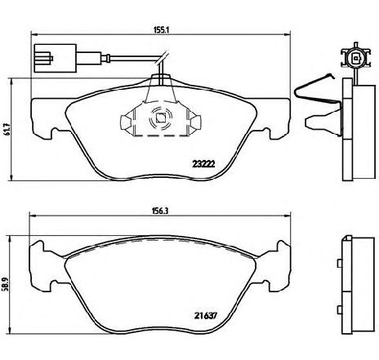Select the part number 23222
[x=203, y=164]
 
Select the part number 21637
[x=206, y=316]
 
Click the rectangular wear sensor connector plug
[x=55, y=58]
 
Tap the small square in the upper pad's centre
[x=160, y=118]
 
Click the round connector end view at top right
[x=356, y=57]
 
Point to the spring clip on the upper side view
[x=317, y=92]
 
